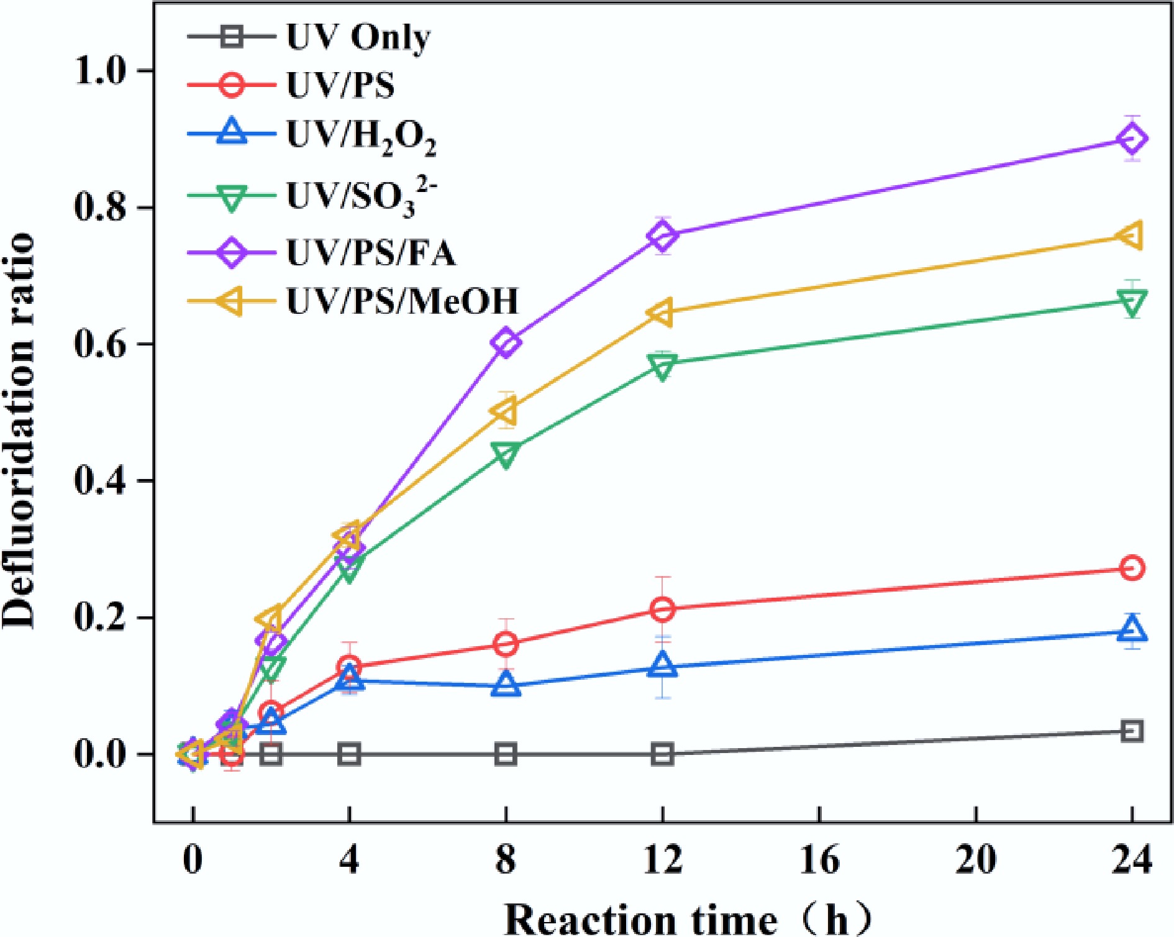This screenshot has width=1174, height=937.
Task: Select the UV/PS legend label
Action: pos(340,85)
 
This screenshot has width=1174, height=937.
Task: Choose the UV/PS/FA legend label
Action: pos(371,252)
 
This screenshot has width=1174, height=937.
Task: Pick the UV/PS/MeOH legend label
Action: pos(402,301)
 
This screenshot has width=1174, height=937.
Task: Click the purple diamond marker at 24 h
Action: pos(1132,139)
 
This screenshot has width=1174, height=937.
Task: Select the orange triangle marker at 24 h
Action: pos(1131,236)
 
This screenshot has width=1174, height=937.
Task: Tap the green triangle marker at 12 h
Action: pos(663,367)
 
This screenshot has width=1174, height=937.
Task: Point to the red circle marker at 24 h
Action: pos(1132,568)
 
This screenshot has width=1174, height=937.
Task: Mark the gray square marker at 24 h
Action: pos(1132,731)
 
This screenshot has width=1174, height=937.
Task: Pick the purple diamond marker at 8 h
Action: pos(506,342)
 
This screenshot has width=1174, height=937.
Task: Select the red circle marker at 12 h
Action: pos(663,610)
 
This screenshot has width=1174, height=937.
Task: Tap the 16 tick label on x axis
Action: pos(819,861)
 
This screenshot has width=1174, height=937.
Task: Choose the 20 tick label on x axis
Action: pos(976,861)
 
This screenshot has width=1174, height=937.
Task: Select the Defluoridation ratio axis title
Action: pos(19,429)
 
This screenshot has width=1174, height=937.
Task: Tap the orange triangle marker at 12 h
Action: pos(661,313)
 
